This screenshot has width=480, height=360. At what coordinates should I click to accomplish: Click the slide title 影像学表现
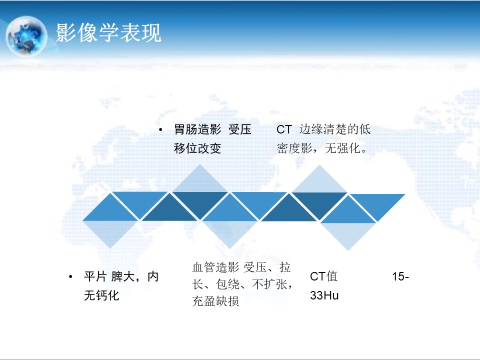(x=108, y=32)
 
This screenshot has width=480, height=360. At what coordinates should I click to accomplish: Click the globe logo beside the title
(x=26, y=36)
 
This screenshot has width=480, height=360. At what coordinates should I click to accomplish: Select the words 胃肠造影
(x=197, y=129)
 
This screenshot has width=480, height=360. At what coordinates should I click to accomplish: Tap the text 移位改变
(x=197, y=148)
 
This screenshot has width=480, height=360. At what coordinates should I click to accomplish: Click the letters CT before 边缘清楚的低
(x=284, y=129)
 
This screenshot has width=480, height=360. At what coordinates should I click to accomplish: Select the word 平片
(x=95, y=276)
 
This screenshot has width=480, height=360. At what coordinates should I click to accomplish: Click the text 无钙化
(x=101, y=295)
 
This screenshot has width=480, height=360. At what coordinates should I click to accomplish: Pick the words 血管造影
(x=215, y=267)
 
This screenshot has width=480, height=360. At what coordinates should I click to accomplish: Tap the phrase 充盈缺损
(x=215, y=301)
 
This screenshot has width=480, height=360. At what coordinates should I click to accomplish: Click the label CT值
(x=323, y=276)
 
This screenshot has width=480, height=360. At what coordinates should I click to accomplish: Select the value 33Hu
(x=324, y=295)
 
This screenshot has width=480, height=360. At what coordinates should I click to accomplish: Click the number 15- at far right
(x=400, y=276)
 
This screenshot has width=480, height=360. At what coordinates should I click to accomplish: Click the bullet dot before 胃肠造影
(x=160, y=130)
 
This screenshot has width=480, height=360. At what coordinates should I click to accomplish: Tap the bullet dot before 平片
(x=70, y=277)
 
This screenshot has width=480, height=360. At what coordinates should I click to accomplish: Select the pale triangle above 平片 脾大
(x=110, y=231)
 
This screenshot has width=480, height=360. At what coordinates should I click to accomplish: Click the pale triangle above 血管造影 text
(x=230, y=231)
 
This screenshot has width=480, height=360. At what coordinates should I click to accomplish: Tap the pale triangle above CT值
(x=348, y=233)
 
